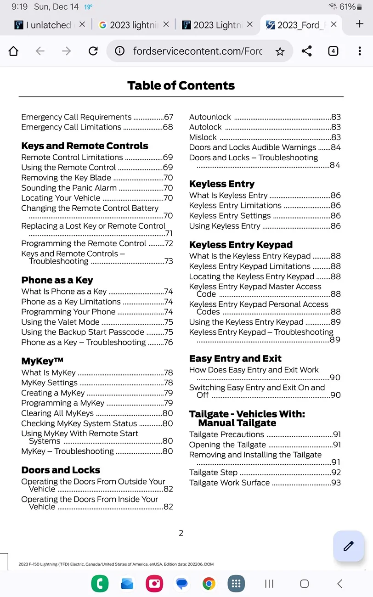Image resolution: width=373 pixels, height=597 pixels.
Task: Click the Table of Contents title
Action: pyautogui.click(x=181, y=85)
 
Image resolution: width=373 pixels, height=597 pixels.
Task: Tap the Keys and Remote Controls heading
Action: pyautogui.click(x=85, y=146)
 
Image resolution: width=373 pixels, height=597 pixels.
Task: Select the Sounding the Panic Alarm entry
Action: pyautogui.click(x=69, y=188)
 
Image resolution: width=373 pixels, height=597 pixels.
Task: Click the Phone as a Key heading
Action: pyautogui.click(x=57, y=280)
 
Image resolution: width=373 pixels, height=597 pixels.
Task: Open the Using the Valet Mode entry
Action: pyautogui.click(x=60, y=322)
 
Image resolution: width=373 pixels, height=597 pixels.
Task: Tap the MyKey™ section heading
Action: pyautogui.click(x=42, y=361)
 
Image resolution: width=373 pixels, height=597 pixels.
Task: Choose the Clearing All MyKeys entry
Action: pyautogui.click(x=57, y=413)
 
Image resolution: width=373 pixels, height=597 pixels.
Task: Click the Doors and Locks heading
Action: pyautogui.click(x=61, y=470)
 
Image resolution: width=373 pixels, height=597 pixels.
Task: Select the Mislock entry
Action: pyautogui.click(x=203, y=137)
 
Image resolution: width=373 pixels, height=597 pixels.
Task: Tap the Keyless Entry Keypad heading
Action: pyautogui.click(x=241, y=245)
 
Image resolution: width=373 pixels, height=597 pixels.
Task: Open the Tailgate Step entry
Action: pyautogui.click(x=214, y=473)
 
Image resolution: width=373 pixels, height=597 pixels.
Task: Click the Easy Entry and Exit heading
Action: pyautogui.click(x=235, y=359)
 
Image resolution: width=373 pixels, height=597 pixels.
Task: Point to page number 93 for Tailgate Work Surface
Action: pyautogui.click(x=336, y=483)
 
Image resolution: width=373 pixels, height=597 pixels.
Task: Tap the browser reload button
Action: pyautogui.click(x=93, y=51)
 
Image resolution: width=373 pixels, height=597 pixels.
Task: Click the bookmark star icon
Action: pyautogui.click(x=280, y=51)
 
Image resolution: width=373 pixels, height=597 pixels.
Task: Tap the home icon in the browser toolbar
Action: pyautogui.click(x=14, y=51)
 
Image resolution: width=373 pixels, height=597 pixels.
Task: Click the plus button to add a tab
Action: pyautogui.click(x=360, y=24)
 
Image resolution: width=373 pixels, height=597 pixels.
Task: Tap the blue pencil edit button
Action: pyautogui.click(x=349, y=546)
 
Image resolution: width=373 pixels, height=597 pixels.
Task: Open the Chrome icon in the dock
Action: pyautogui.click(x=209, y=584)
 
